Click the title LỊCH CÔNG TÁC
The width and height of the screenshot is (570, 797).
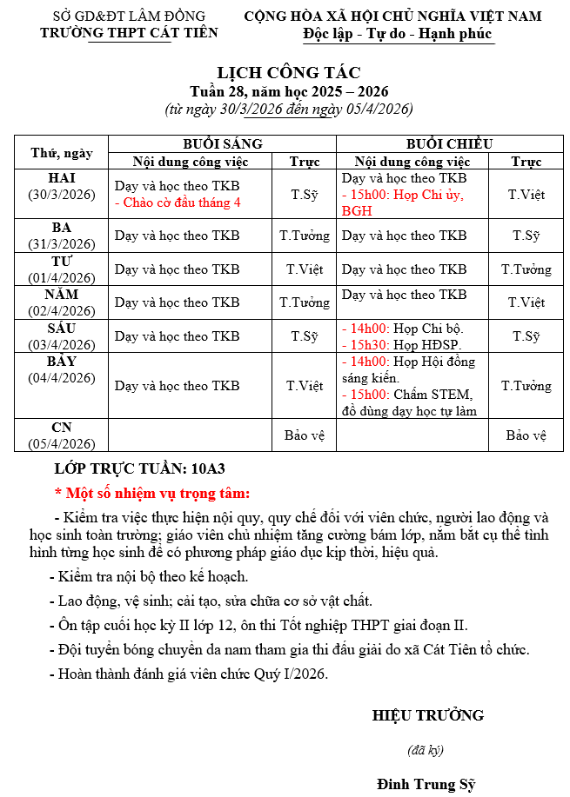coord(288,72)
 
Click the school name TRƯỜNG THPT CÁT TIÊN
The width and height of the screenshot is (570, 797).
coord(129,33)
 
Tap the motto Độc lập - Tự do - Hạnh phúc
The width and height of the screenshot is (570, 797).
coord(398,34)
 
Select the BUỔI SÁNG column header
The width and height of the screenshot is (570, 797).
coord(222,143)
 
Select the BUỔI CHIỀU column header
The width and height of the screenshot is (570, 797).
coord(450,143)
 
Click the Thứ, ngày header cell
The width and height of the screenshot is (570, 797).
coord(62,153)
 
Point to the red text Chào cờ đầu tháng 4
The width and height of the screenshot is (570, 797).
coord(178,203)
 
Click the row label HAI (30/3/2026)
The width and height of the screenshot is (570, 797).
coord(62,185)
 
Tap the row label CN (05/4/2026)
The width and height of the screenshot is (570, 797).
coord(62,435)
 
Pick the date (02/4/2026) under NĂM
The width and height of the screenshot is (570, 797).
coord(62,310)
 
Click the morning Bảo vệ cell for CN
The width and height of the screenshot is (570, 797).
coord(304,435)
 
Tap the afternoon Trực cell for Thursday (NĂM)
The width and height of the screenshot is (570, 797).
coord(526,302)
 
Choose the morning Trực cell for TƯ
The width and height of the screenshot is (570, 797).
coord(304,269)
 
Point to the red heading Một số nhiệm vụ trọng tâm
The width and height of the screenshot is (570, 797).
coord(152,493)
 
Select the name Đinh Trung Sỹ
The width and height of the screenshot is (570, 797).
coord(426,784)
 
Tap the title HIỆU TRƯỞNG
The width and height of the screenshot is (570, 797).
coord(427,715)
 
